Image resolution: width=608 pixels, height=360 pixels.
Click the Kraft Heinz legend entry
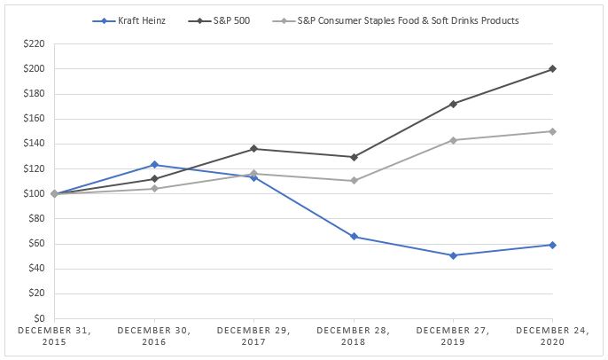[x=129, y=20]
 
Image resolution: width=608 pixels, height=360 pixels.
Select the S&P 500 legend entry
[x=219, y=20]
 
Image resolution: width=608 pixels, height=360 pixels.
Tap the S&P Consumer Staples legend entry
[x=395, y=20]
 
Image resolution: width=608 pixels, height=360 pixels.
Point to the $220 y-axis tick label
[x=34, y=43]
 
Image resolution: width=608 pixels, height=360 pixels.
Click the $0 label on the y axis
[x=39, y=318]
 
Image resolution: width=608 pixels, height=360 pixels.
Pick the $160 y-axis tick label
[x=34, y=119]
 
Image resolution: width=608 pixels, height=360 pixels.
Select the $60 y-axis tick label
[x=37, y=244]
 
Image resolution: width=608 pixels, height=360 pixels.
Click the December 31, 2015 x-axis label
[x=54, y=336]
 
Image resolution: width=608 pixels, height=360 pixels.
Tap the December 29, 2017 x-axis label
[x=253, y=336]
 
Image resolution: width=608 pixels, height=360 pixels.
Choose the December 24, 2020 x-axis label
[x=552, y=336]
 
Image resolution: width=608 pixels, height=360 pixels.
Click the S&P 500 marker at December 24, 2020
[x=552, y=69]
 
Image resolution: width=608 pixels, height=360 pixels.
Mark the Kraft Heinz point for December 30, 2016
[x=154, y=165]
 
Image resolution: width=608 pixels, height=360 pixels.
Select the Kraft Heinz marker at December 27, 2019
[x=453, y=255]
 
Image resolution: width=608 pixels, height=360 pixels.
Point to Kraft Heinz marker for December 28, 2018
[x=354, y=237]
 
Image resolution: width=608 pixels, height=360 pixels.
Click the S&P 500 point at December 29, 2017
[x=253, y=149]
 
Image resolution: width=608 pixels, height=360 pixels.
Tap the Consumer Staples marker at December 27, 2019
[x=453, y=140]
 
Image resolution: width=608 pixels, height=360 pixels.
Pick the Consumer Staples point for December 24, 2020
[x=552, y=131]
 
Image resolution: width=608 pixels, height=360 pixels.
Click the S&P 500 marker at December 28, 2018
[x=354, y=157]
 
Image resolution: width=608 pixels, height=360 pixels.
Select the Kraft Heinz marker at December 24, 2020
[x=552, y=245]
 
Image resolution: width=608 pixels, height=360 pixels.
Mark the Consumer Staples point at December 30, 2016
[x=154, y=189]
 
